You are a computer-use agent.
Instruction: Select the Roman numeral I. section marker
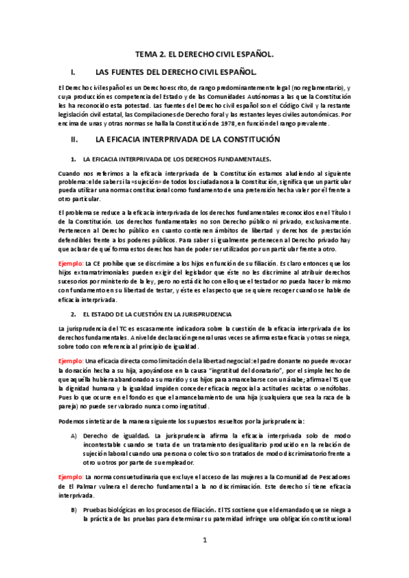tap(73, 71)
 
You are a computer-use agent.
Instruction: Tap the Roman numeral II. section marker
tap(74, 139)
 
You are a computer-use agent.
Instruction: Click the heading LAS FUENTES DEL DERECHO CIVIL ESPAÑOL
tap(176, 71)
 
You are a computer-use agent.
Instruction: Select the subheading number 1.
tap(72, 158)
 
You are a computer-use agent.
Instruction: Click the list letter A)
tap(74, 435)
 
